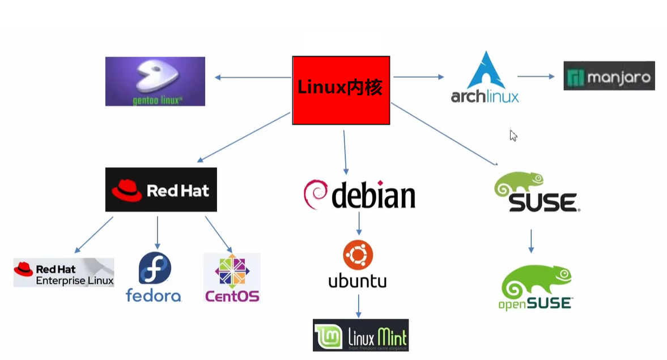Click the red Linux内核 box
341,90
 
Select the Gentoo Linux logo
155,81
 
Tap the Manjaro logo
609,76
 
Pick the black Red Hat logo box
161,189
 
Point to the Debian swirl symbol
316,194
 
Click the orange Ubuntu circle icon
358,256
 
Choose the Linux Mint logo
360,335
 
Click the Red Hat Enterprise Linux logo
63,273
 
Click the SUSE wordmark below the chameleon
542,202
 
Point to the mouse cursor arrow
513,135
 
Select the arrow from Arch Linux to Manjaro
536,76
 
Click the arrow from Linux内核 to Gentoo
252,77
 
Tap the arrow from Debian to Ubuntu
358,223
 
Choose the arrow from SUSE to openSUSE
531,241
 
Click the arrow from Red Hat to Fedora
157,232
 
